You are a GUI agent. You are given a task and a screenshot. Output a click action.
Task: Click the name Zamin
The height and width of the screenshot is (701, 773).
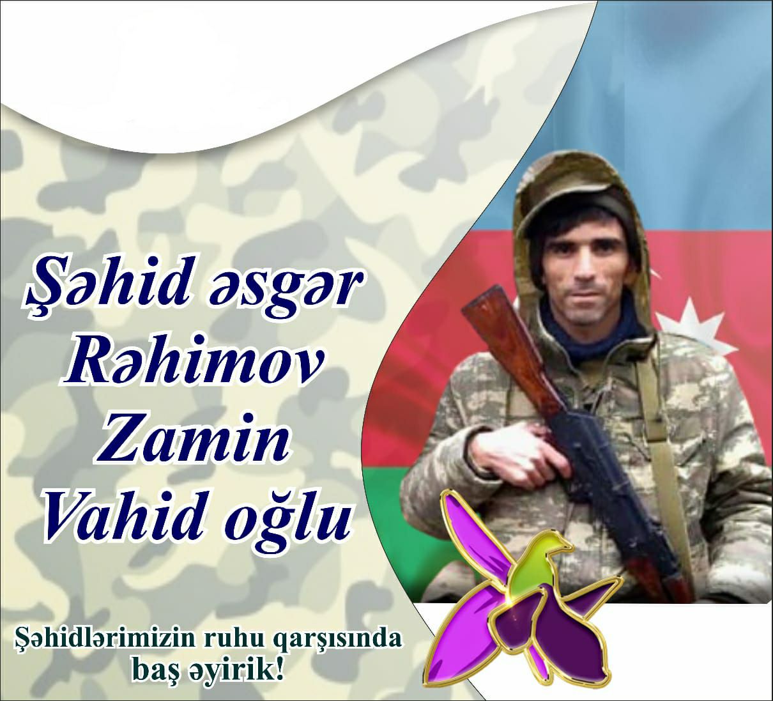click(x=192, y=442)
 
